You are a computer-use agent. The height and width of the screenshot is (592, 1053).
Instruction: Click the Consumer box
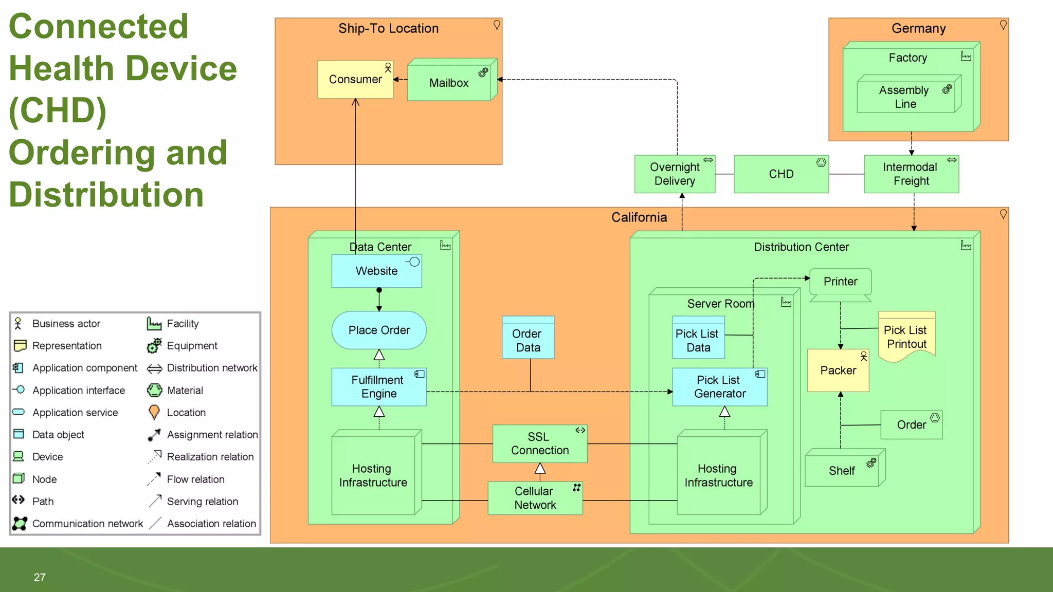coord(355,80)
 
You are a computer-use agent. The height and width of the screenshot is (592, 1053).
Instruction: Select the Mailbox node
coord(449,83)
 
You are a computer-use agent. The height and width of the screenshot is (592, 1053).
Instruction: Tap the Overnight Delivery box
coord(675,174)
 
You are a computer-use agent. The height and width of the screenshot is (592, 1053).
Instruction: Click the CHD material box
coord(781,174)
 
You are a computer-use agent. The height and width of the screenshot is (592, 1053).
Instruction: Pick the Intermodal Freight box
coord(911,174)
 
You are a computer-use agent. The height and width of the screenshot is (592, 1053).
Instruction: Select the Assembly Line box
coord(905,97)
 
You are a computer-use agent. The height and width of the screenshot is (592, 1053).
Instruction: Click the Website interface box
coord(376,271)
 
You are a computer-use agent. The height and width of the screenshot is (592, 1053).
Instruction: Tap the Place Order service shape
coord(379,330)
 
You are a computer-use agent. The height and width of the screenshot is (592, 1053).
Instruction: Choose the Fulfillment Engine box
coord(378,387)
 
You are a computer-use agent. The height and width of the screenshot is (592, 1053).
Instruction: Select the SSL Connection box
coord(540,443)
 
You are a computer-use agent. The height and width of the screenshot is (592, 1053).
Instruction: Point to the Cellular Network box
coord(535,498)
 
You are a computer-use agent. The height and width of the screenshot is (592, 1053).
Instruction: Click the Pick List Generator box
coord(719,387)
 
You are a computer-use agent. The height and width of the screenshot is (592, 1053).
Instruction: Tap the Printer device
coord(840,282)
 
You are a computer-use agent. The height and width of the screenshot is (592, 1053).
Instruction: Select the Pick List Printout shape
coord(906,337)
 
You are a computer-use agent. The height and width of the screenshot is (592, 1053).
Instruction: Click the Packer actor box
coord(838,371)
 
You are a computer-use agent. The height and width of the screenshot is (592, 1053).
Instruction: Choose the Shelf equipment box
coord(842,470)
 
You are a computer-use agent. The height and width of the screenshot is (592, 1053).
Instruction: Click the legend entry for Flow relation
coord(195,479)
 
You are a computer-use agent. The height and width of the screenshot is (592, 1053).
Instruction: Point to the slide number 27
coord(40,578)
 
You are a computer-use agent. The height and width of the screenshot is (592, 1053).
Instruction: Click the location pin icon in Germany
coord(1003,25)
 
